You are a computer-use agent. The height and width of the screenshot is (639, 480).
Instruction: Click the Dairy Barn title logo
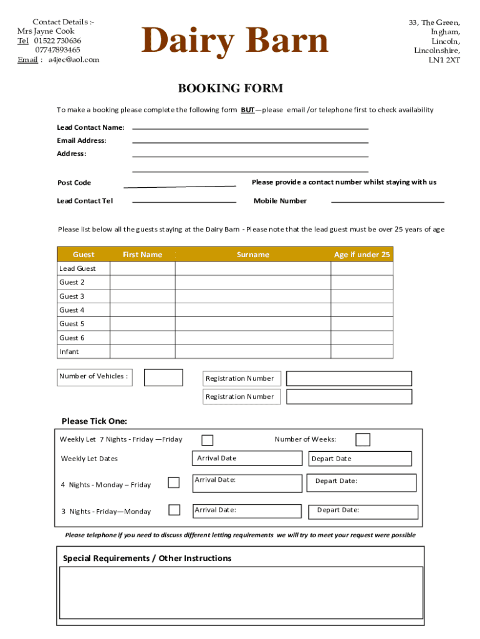coord(234,41)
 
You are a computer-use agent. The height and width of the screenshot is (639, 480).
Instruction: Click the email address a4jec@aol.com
coord(74,60)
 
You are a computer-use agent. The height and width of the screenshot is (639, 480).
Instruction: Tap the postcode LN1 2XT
coord(444,61)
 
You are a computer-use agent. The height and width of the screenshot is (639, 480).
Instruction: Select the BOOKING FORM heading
coord(231,89)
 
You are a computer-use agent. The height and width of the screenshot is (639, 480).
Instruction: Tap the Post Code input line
coord(180,185)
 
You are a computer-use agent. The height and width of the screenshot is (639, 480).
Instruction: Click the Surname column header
coord(253,255)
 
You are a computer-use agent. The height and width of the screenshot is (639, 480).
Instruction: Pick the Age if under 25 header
coord(362,255)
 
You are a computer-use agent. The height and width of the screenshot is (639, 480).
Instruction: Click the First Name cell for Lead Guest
coord(142,268)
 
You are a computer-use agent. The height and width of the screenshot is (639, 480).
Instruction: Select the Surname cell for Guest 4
coord(253,310)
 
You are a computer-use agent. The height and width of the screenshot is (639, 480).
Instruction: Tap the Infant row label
coord(69,352)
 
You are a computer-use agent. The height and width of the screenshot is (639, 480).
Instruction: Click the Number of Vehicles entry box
coord(163,378)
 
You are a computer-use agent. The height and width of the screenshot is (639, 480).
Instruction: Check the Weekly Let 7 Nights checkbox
coord(208,441)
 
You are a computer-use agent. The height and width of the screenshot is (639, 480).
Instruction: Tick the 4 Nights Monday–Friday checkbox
coord(174,482)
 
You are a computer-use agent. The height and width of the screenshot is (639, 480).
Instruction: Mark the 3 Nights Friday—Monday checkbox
coord(175,510)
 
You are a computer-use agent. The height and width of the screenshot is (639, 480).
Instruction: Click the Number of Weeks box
coord(363,440)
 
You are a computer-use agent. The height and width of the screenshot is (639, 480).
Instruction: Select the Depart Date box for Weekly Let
coord(360,459)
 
